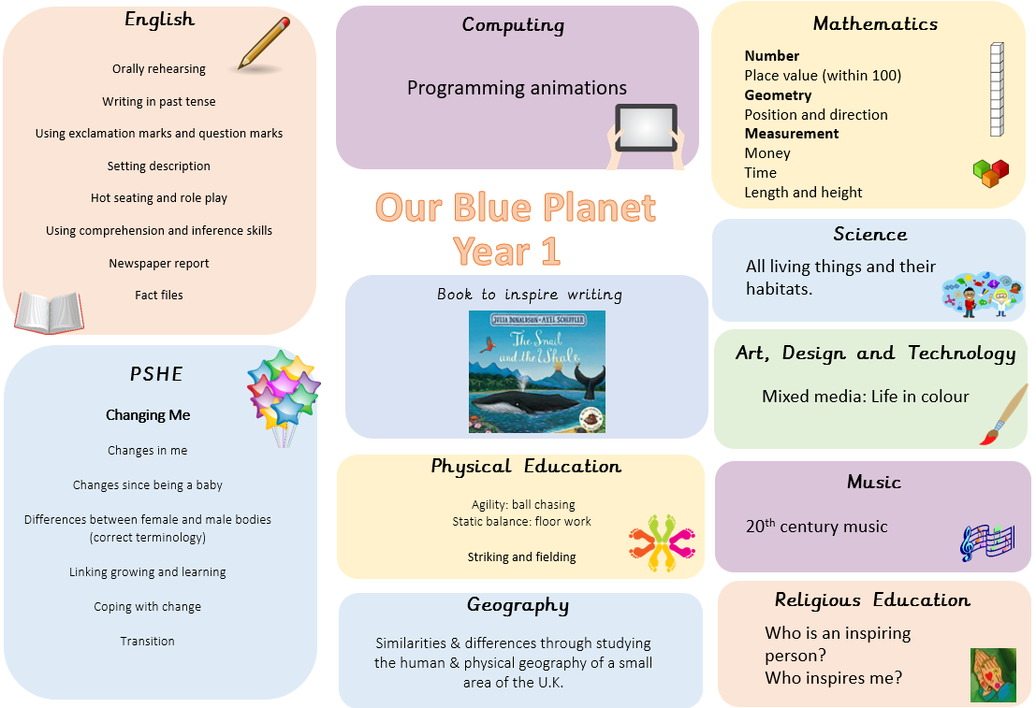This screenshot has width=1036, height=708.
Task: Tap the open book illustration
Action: [x=49, y=311]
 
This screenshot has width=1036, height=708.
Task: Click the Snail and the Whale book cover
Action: [x=537, y=372]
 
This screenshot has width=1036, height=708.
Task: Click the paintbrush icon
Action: [x=1004, y=414]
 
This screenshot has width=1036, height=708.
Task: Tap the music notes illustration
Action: [x=987, y=542]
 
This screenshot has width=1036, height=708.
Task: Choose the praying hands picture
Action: [x=993, y=674]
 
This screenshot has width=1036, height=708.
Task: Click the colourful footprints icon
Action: [x=662, y=542]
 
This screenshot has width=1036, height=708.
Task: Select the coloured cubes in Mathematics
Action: [x=991, y=173]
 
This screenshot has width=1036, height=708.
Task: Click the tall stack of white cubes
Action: [x=997, y=89]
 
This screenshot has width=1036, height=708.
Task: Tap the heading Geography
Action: [x=518, y=606]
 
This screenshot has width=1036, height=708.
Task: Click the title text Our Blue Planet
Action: [x=516, y=208]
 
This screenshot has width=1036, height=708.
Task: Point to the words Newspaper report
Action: [x=158, y=263]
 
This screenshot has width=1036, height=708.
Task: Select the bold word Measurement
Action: [x=792, y=134]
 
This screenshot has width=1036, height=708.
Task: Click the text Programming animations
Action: [x=517, y=88]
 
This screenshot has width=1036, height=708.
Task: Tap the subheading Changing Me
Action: [x=148, y=414]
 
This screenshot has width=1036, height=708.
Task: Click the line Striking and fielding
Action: [x=521, y=556]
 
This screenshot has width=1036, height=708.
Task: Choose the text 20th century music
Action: [x=817, y=526]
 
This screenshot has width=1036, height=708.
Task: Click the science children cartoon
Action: [x=983, y=294]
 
